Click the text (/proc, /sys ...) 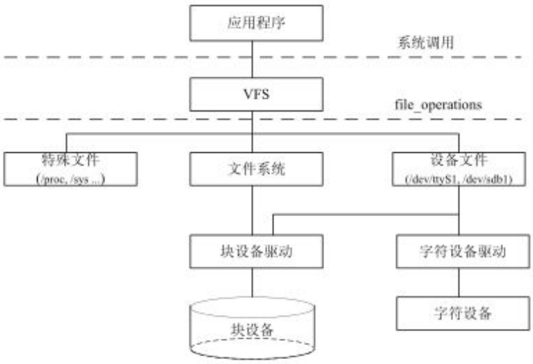coord(66,179)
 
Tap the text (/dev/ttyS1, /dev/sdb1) coord(459,180)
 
